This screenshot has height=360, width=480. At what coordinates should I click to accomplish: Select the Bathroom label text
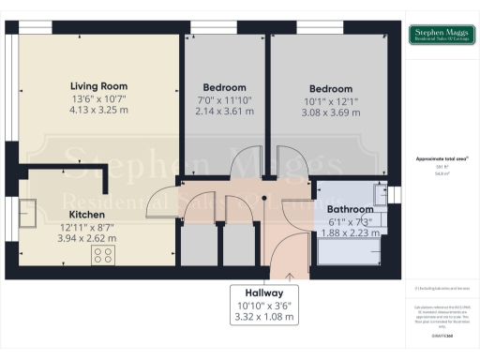349,208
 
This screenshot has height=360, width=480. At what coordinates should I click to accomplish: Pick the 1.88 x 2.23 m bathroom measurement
349,232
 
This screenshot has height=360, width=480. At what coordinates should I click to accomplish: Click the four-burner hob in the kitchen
100,256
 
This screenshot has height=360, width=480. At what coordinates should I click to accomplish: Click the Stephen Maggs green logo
439,36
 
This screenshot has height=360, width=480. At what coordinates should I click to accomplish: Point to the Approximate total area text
442,158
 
